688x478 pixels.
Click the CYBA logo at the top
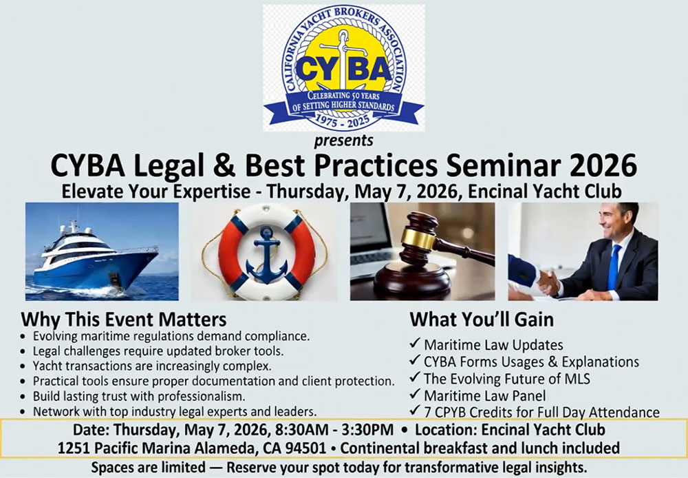pos(343,67)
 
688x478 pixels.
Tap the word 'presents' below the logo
pos(343,141)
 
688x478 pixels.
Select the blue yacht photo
pos(102,251)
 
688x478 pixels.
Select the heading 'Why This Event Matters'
pos(124,320)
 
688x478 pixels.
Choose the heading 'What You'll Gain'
pos(482,320)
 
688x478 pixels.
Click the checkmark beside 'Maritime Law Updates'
pos(415,344)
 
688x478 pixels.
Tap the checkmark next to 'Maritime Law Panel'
pos(415,394)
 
